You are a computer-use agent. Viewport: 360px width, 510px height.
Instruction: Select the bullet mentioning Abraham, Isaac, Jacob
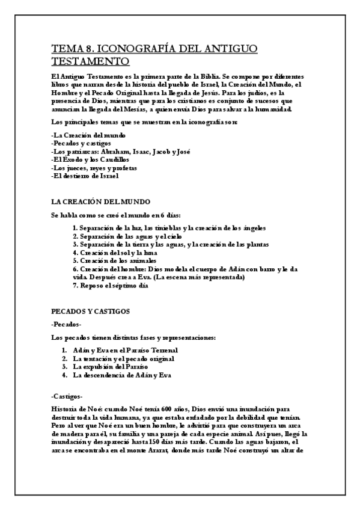point(121,152)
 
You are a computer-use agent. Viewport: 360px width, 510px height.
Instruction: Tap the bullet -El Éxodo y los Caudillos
point(90,160)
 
